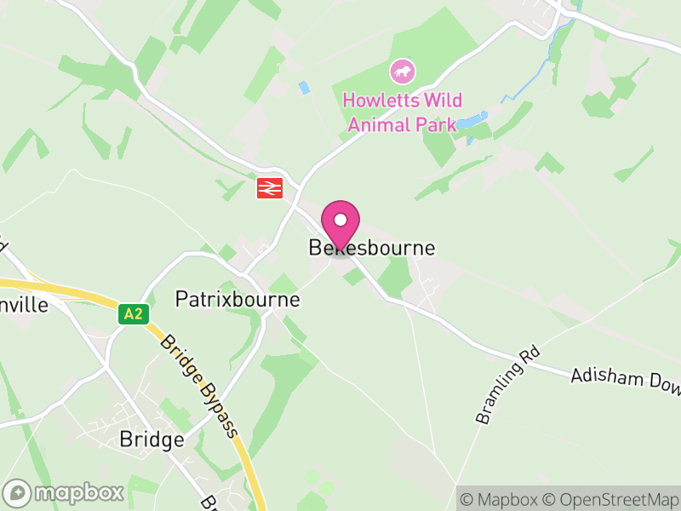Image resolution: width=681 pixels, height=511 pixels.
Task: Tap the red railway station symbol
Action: coord(269,187)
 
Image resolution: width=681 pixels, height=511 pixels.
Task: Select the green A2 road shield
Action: coord(133,314)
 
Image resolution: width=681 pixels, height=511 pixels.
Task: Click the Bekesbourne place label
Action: coord(371,249)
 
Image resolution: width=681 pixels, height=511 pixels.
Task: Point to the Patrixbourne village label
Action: coord(237,300)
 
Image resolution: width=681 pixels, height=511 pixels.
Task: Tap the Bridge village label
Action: coord(152,440)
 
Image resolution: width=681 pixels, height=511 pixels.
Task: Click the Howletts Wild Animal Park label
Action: coord(402,112)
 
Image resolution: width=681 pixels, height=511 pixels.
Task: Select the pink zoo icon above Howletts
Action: coord(402,71)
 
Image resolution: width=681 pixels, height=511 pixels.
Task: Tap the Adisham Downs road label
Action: coord(626,383)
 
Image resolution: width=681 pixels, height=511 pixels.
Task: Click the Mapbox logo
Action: coord(64,492)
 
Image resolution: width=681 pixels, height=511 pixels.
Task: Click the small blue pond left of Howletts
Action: coord(304,88)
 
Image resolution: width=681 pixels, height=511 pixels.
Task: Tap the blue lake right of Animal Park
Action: coord(471,121)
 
